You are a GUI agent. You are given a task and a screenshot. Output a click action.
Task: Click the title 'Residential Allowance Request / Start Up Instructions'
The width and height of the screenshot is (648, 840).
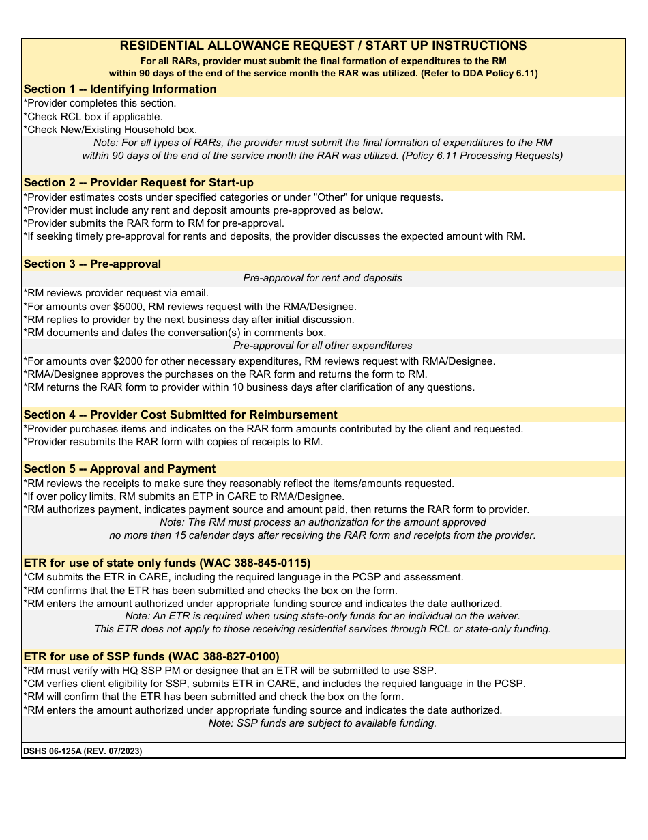point(323,46)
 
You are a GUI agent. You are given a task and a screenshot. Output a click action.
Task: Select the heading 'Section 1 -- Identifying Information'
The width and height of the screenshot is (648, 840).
point(120,89)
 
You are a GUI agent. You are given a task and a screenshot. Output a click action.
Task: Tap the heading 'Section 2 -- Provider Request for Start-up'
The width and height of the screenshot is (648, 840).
point(138,182)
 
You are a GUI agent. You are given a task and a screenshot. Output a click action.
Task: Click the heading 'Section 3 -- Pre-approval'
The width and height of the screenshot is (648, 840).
point(92,264)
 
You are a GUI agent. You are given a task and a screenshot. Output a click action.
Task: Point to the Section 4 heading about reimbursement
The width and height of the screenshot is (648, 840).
point(180,415)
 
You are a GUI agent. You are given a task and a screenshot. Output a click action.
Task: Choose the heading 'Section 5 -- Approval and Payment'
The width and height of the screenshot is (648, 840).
point(119,468)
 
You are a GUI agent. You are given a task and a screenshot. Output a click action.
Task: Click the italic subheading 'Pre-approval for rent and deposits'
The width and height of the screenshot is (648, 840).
point(323,278)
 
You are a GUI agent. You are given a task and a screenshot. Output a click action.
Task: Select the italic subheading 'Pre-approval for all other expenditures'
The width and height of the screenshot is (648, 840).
point(323,346)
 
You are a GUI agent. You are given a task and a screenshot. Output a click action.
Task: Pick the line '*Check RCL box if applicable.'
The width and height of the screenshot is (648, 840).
point(93,116)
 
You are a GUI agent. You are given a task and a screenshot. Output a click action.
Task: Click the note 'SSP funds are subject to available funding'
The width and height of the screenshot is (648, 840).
point(323,723)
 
